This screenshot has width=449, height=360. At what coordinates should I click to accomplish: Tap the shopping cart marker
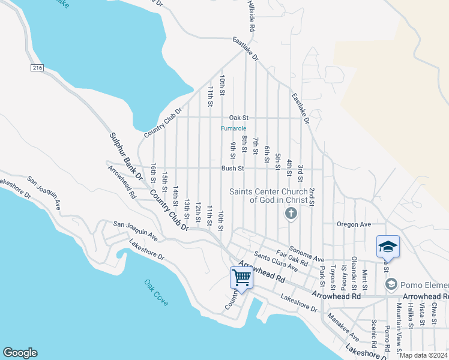click(241, 278)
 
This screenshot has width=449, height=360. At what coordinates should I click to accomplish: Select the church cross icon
click(291, 213)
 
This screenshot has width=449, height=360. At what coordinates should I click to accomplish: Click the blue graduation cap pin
click(388, 247)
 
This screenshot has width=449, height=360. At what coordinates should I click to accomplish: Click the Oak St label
click(238, 118)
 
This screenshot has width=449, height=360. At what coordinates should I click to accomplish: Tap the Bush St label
click(232, 169)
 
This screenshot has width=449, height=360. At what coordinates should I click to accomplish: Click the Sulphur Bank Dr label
click(125, 158)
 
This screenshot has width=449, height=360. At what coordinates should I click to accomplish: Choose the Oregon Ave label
click(354, 224)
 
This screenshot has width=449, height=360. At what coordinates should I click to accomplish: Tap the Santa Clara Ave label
click(276, 261)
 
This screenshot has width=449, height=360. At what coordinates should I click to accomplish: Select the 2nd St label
click(312, 197)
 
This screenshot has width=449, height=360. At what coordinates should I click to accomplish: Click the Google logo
click(20, 353)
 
